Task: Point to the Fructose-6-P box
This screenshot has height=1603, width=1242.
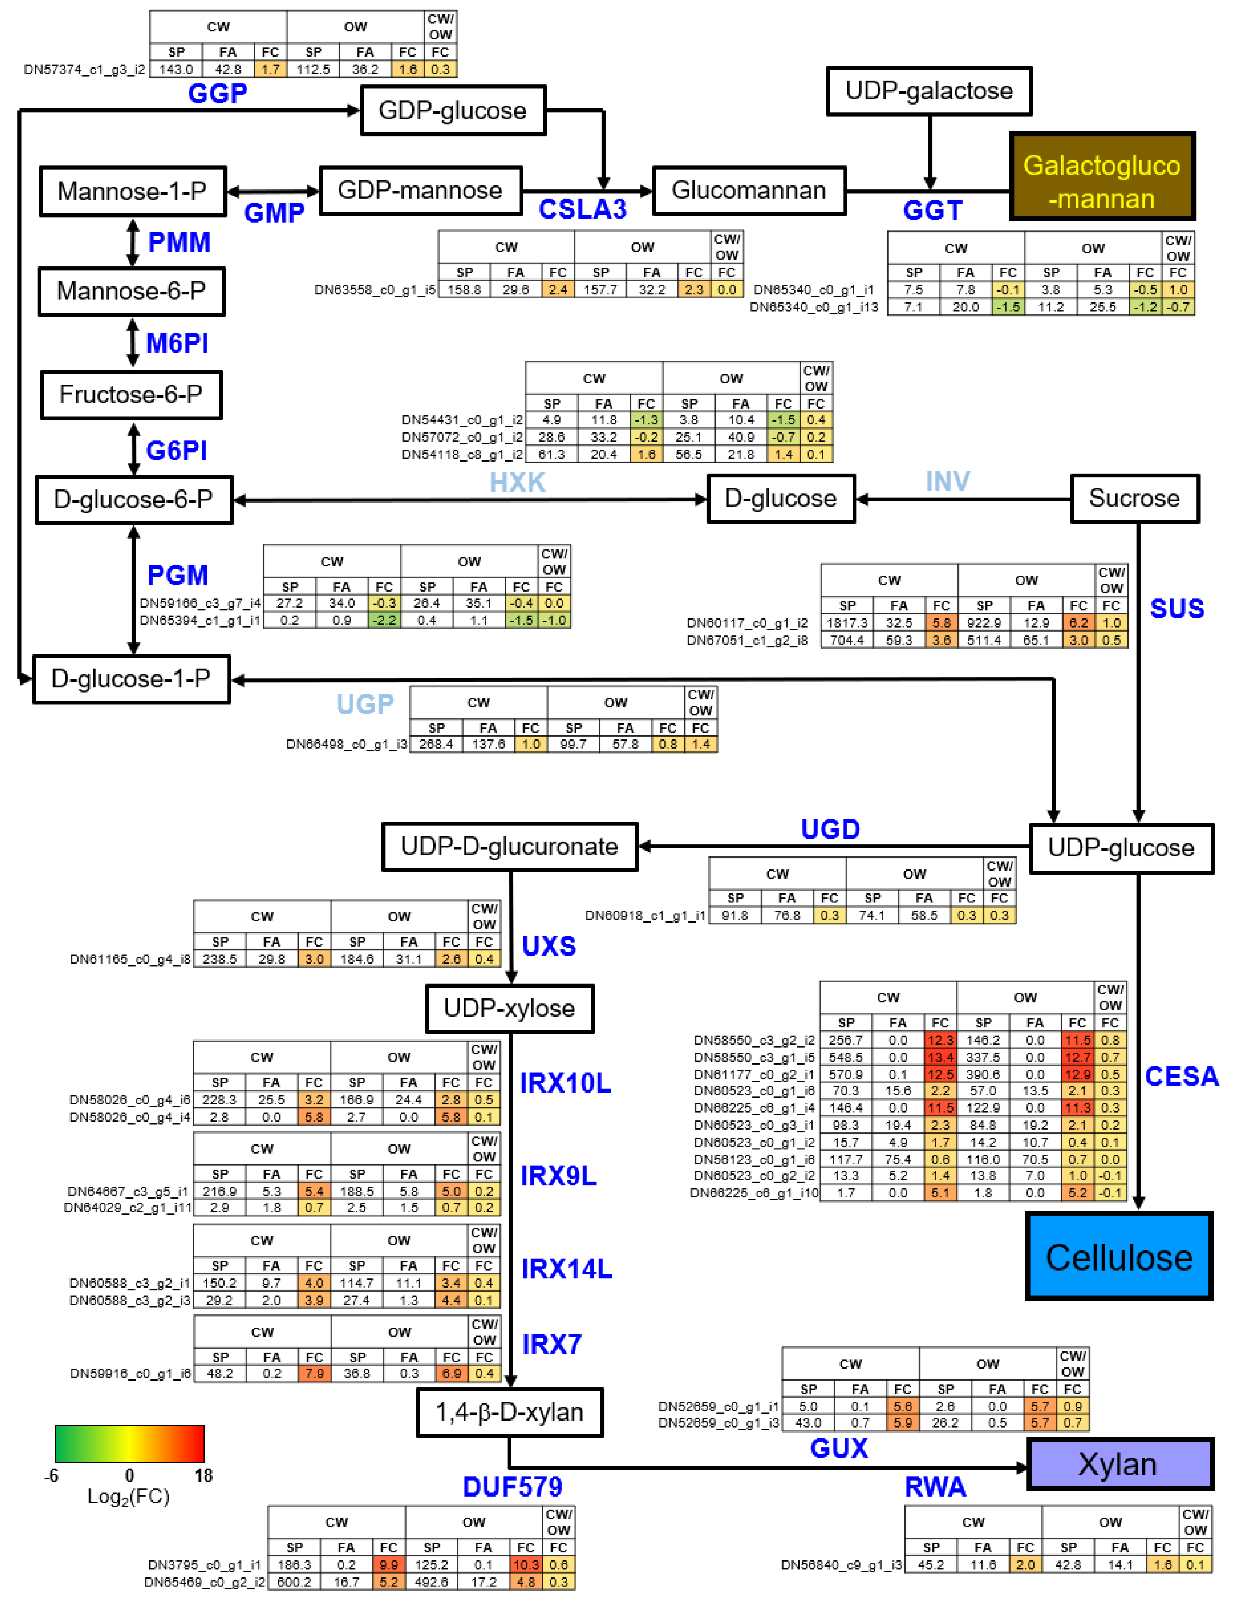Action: pos(131,395)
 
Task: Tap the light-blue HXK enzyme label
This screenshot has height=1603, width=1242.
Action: pos(518,482)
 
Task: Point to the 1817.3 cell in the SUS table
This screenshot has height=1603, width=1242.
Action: pos(847,623)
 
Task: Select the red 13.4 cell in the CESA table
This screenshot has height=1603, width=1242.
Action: pos(940,1058)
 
